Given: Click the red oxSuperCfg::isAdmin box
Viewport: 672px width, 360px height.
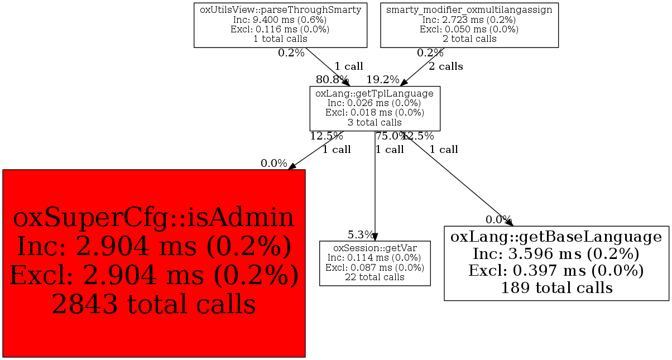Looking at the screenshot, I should (154, 263).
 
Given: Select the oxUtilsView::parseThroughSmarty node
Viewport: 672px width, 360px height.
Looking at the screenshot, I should (280, 25).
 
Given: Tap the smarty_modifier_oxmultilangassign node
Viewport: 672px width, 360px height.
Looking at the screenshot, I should (469, 25).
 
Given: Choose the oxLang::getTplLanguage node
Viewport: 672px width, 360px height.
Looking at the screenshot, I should (375, 108).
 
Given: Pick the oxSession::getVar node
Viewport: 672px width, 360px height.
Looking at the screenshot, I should (375, 263).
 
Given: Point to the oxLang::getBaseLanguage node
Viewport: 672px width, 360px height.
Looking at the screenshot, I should (556, 263).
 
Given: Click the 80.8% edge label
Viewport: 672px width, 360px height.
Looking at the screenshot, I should (333, 80).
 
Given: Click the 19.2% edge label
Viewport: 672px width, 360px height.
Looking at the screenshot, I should (383, 80).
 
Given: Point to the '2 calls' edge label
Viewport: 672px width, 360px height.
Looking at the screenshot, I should (445, 66).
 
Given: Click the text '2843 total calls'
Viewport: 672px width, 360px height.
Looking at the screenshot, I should (154, 304).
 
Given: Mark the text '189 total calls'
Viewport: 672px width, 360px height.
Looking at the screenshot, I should (556, 288).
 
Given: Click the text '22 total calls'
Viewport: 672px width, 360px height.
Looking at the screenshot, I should (375, 277).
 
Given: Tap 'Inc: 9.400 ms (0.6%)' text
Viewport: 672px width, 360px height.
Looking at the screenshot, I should (280, 20).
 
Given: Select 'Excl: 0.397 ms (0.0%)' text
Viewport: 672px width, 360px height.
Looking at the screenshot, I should (556, 271).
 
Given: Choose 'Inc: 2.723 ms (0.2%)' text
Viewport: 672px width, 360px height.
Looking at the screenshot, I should (469, 20).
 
